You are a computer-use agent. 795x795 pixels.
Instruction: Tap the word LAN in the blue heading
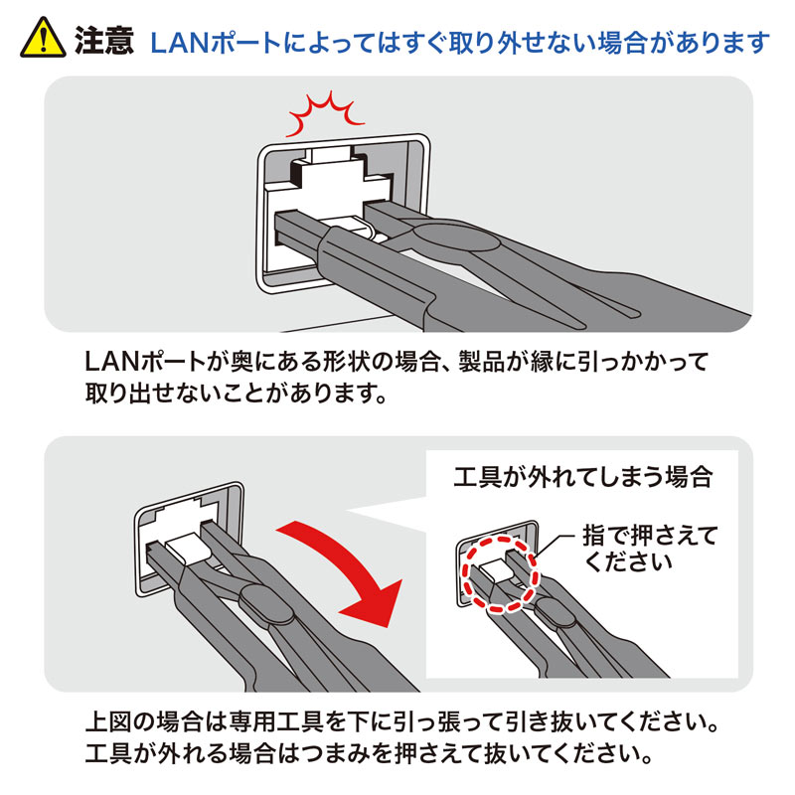[177, 43]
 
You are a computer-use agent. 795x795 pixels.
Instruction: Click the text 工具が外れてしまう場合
[582, 477]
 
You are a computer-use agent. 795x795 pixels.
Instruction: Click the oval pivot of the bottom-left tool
[259, 602]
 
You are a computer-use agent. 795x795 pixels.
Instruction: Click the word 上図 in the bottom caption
[110, 718]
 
